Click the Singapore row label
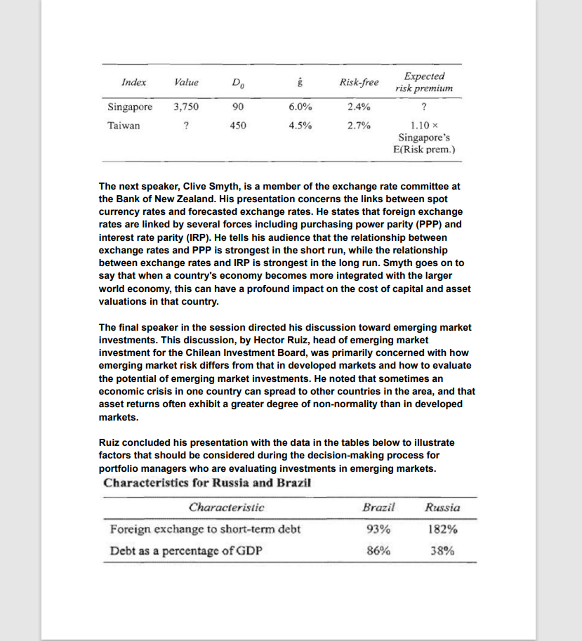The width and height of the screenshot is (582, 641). point(130,107)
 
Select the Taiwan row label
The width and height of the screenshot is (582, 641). point(124,126)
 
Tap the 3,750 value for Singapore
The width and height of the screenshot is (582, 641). point(186,107)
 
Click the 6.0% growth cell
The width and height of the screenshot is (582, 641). point(300,107)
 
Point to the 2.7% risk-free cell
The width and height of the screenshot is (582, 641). point(359,126)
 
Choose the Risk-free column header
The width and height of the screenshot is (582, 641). point(359,82)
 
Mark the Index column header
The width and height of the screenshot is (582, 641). point(133,82)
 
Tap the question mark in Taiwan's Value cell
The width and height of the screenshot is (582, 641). point(185,126)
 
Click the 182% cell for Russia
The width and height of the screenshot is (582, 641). point(442,529)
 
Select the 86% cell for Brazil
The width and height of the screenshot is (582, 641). point(379,550)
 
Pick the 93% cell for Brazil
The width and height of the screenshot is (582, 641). point(379,529)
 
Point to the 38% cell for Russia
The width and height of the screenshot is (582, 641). point(442,550)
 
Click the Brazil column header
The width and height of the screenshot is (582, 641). point(379,507)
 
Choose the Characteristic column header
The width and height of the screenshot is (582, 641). point(226,507)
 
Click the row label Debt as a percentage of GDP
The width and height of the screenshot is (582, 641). point(186,550)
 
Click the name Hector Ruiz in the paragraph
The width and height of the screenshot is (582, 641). point(293,340)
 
